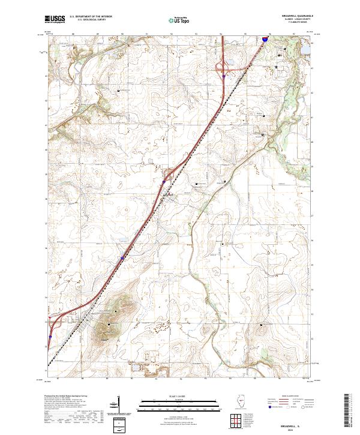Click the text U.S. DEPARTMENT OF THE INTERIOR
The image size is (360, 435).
point(91,17)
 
